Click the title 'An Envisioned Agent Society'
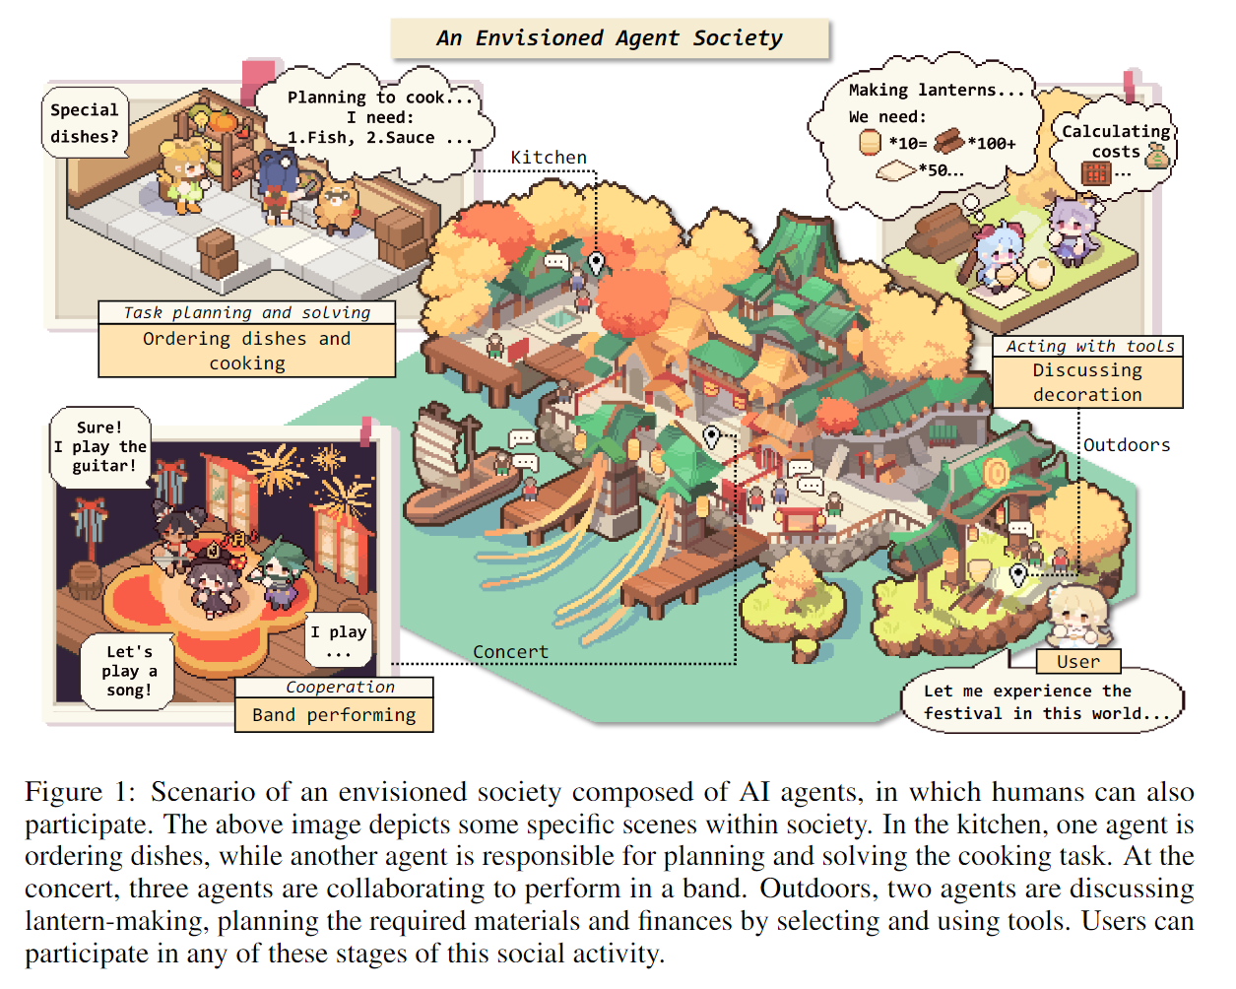(610, 38)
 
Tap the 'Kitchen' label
(549, 158)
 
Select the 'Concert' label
(510, 652)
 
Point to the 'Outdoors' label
(1127, 445)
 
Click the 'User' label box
(1078, 662)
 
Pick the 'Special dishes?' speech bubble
(85, 123)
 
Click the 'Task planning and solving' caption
(247, 313)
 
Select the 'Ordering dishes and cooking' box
(247, 351)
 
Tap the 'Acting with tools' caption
(1089, 347)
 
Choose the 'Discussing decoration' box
(1087, 382)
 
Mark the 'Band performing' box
(334, 715)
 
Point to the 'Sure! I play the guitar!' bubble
(99, 447)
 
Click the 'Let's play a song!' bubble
(129, 671)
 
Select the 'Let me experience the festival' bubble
(1042, 701)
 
